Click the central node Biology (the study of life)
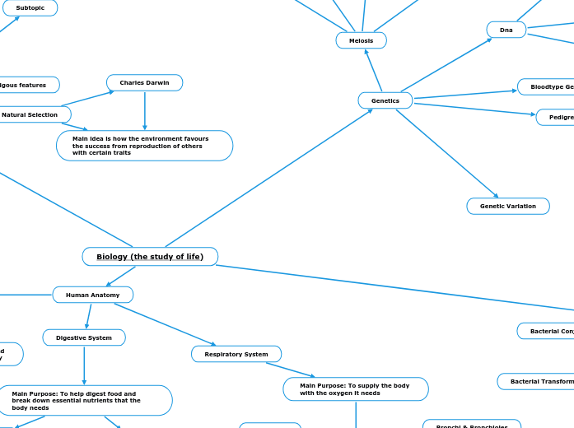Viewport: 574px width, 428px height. click(x=150, y=257)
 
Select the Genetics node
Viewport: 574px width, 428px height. click(x=385, y=100)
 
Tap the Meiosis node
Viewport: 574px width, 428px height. click(x=361, y=40)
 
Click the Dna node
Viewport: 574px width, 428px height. click(x=506, y=30)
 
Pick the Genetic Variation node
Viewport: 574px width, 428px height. click(x=507, y=206)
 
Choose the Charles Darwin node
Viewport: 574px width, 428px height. click(x=144, y=82)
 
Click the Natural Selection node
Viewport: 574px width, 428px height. click(x=30, y=114)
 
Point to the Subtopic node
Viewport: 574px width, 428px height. click(x=30, y=7)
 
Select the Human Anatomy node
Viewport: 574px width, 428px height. click(x=92, y=295)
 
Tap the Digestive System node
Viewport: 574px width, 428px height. click(x=84, y=337)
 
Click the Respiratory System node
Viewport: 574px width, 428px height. click(x=236, y=354)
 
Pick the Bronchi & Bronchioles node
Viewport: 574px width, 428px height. click(x=472, y=425)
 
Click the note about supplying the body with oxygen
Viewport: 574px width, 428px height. click(x=355, y=389)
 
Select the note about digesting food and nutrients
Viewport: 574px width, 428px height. click(x=85, y=401)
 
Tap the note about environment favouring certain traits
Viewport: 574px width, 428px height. click(x=144, y=146)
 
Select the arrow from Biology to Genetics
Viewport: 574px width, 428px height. click(x=268, y=178)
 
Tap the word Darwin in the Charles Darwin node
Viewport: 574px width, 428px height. click(x=156, y=82)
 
